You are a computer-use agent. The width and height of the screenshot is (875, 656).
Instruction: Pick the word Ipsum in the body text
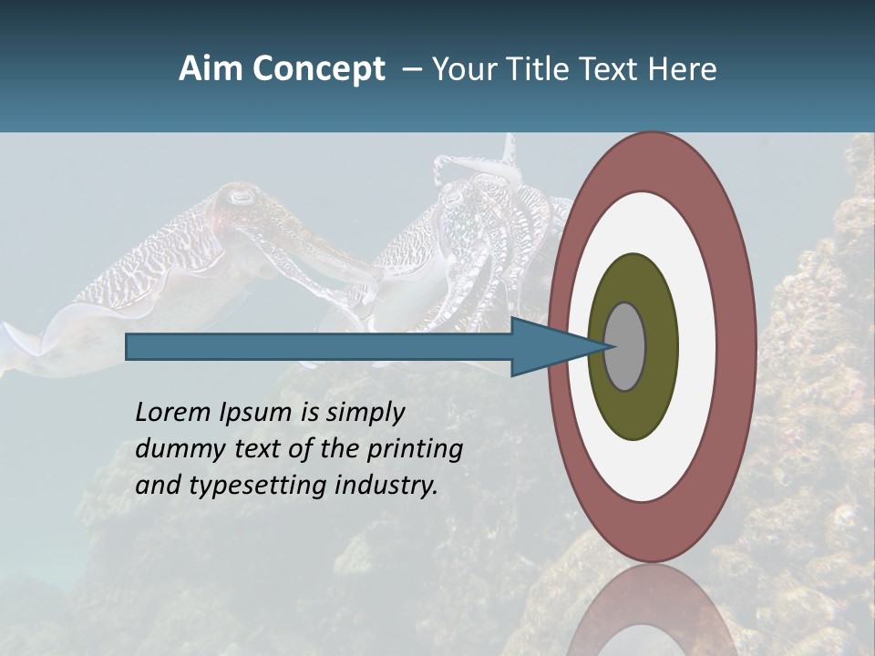pos(258,414)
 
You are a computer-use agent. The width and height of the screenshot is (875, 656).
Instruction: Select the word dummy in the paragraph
pos(177,449)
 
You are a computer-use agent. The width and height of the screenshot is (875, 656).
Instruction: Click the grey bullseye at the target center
pos(625,347)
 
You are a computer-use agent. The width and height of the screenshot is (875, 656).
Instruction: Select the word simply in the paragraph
pos(365,414)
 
